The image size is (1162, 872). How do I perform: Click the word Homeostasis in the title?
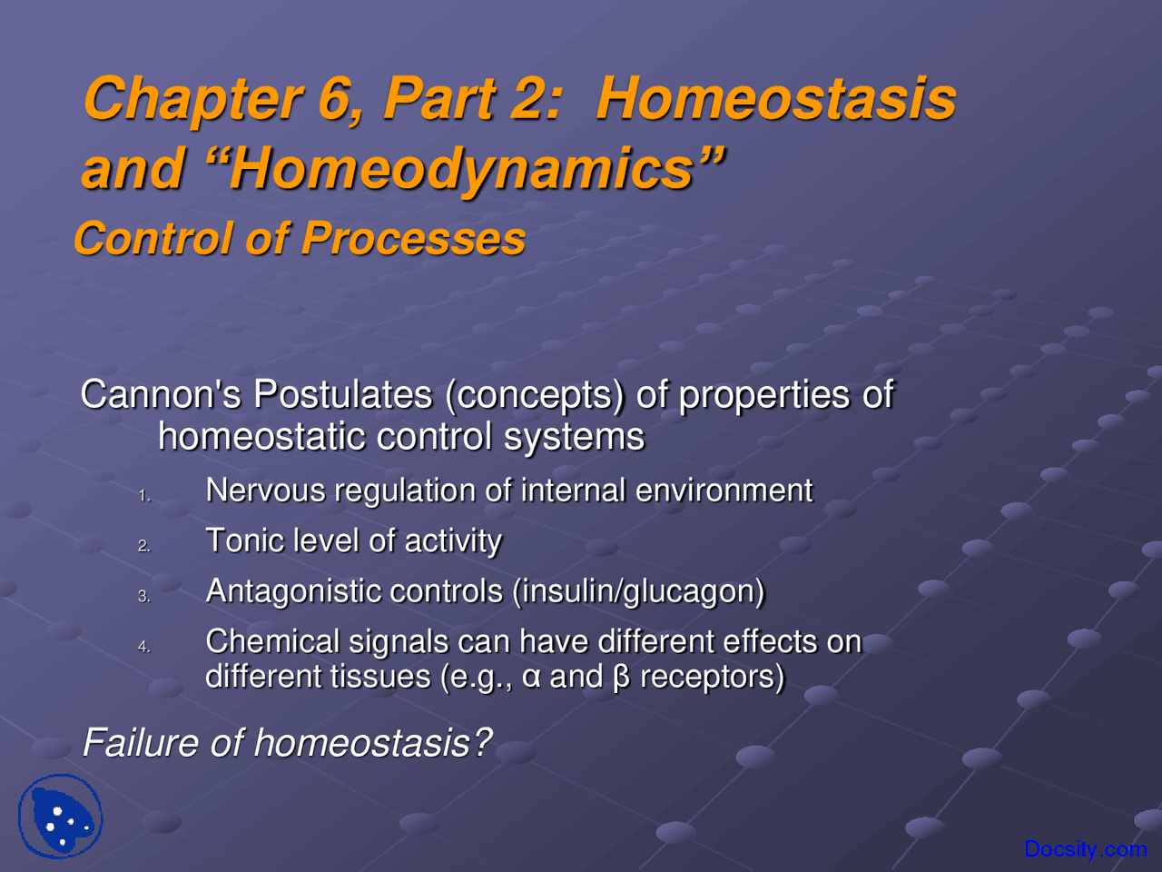click(775, 98)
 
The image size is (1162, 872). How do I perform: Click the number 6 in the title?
click(334, 98)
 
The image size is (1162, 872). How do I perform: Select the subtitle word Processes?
click(413, 239)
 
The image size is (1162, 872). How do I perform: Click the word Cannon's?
click(162, 394)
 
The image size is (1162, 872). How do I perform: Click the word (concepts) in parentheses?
click(535, 394)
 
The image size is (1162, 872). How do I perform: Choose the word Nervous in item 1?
click(265, 490)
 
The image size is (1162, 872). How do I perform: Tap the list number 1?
click(143, 496)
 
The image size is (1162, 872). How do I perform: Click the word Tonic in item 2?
click(240, 540)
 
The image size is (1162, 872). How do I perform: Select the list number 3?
click(143, 597)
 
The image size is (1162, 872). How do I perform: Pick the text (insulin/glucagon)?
click(638, 591)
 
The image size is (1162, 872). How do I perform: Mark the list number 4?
click(143, 647)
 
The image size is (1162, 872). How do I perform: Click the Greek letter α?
click(532, 678)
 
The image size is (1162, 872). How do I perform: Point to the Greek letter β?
click(621, 678)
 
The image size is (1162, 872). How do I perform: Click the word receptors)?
click(712, 678)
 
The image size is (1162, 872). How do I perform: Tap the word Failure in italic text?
click(140, 743)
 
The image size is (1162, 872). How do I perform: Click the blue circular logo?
click(61, 816)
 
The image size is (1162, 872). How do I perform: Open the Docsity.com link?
click(1085, 849)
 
